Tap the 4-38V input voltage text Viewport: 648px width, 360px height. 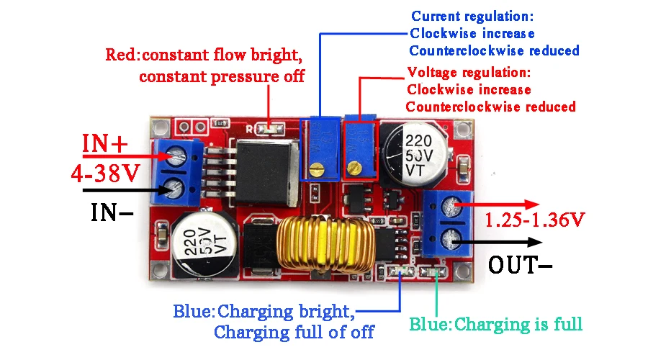[105, 173]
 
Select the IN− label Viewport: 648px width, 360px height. [112, 212]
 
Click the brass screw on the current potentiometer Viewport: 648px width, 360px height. [315, 170]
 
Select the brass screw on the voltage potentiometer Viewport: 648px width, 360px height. [354, 169]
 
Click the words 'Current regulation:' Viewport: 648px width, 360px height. [473, 15]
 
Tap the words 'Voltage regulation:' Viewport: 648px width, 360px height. [469, 73]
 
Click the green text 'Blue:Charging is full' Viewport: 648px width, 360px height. [496, 324]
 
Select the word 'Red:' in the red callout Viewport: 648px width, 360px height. [123, 55]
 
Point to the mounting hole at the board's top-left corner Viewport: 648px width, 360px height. [161, 128]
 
